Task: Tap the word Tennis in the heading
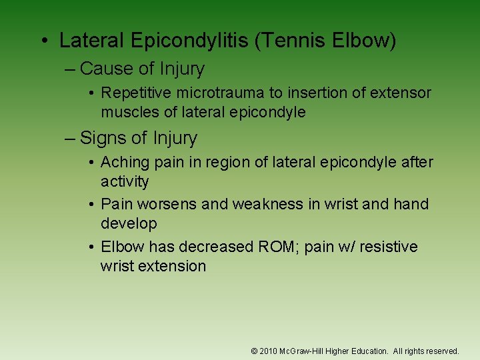283,41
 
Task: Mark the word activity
125,181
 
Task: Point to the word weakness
267,204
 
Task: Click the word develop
129,223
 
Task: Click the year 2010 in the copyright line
269,351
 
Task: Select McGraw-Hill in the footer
301,351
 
